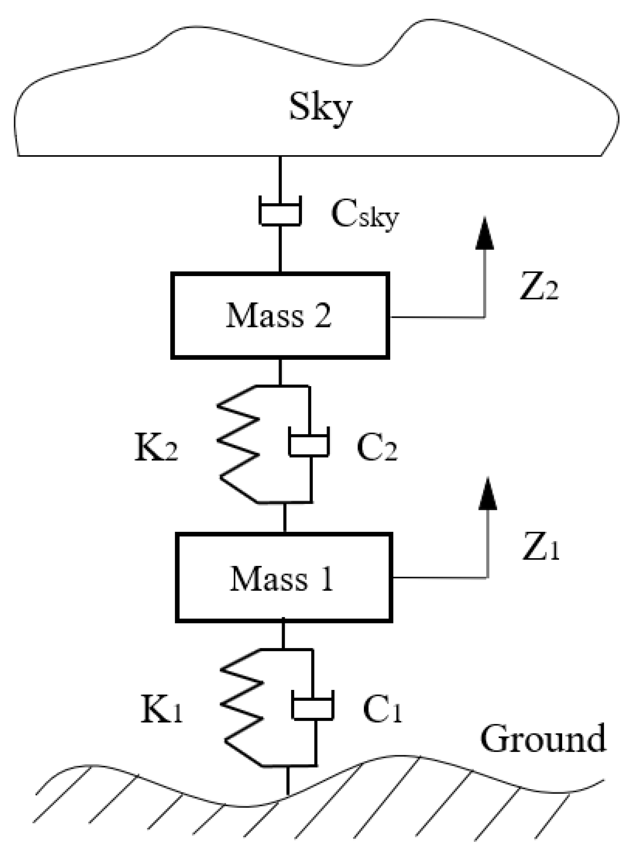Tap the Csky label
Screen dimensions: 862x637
tap(364, 216)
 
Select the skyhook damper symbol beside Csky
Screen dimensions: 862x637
tap(280, 211)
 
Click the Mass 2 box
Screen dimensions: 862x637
tap(280, 316)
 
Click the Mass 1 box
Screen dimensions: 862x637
tap(284, 578)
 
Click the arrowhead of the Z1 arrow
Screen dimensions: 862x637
tap(488, 494)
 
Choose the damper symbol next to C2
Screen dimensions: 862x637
tap(309, 443)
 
